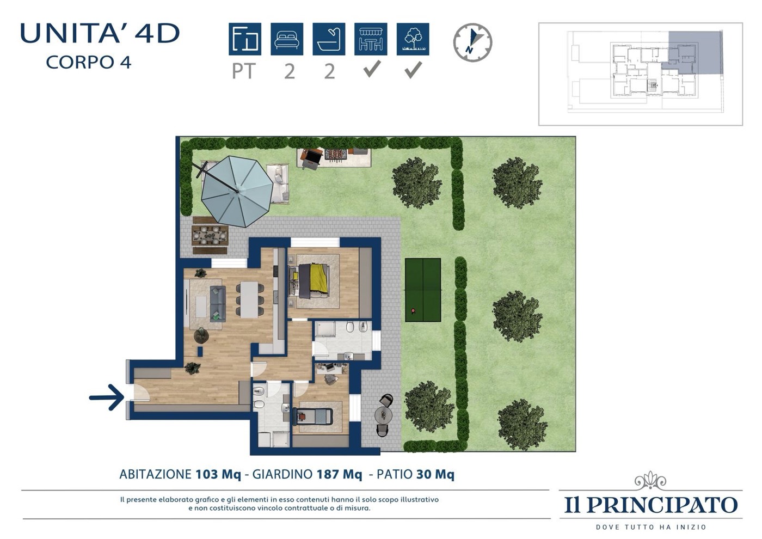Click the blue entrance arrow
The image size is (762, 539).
(107, 397)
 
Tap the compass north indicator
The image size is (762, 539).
(472, 42)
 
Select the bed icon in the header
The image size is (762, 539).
(287, 39)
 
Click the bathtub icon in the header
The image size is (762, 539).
(329, 39)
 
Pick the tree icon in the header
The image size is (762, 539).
(413, 39)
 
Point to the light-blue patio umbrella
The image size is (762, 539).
(237, 191)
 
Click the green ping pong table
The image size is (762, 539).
(423, 290)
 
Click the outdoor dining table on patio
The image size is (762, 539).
(210, 235)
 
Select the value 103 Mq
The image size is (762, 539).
(218, 474)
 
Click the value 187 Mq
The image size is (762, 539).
(339, 474)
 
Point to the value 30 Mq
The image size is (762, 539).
(435, 474)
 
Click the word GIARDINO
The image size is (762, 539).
(282, 474)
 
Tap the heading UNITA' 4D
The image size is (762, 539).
(100, 33)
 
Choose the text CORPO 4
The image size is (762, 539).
(88, 62)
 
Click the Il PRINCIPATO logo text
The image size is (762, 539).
(651, 505)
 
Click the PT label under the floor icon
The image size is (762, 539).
(244, 71)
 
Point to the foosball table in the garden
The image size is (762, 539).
(336, 155)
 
